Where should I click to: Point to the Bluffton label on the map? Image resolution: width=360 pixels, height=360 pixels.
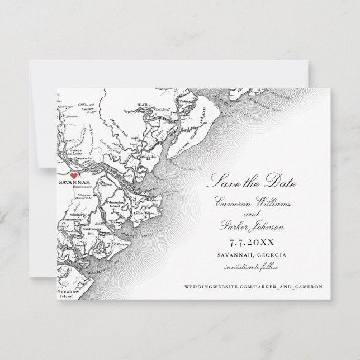coord(146,105)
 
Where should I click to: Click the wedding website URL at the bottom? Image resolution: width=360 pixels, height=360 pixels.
coord(252,287)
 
